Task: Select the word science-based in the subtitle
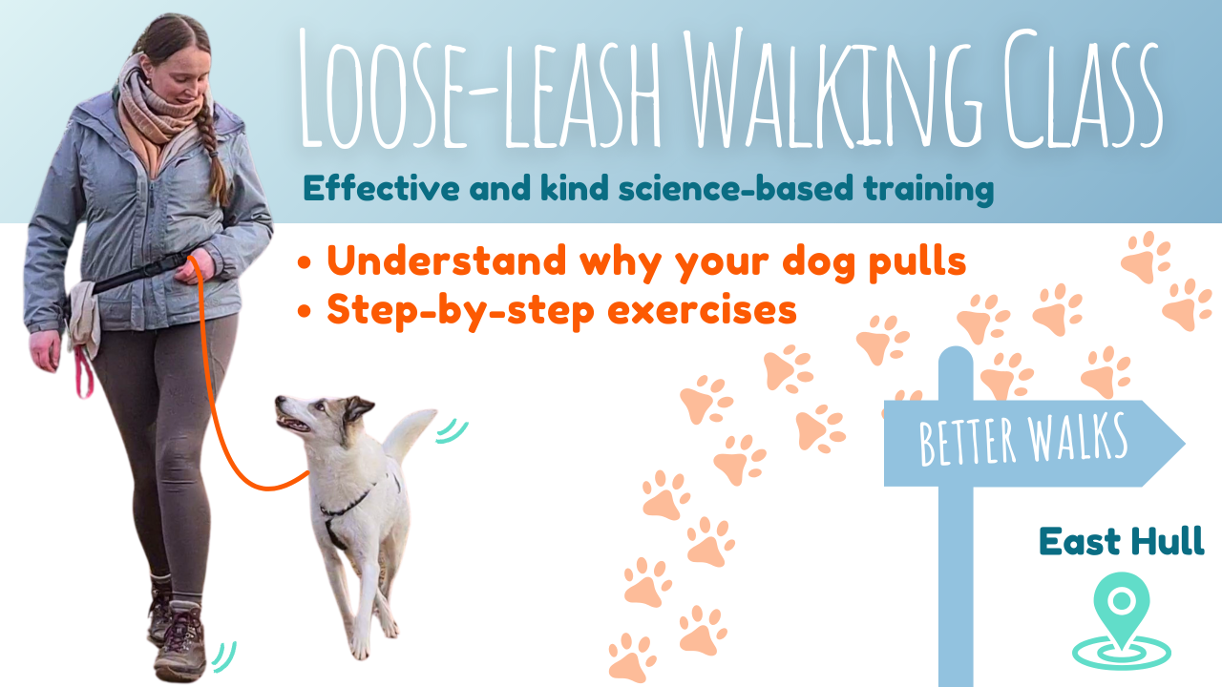pos(735,188)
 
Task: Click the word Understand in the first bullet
pos(447,260)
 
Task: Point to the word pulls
pos(916,262)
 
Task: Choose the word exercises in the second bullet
pos(702,310)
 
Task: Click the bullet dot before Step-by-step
pos(305,311)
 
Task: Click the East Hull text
pos(1122,541)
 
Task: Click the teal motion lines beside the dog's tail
pos(452,431)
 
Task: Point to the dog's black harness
pos(349,507)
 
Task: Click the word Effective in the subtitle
pos(381,188)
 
